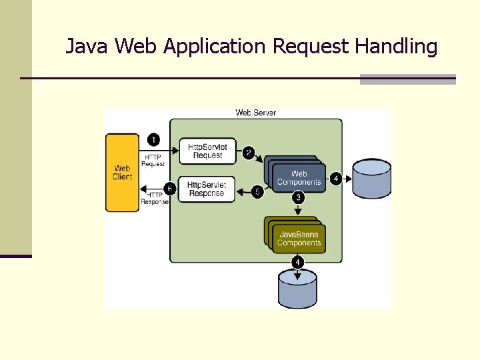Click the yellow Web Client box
point(122,173)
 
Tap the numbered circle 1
point(153,139)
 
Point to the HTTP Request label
point(153,160)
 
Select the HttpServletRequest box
point(207,151)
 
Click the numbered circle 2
point(249,153)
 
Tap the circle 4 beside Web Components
point(336,178)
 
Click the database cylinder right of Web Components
point(371,179)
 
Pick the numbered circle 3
point(298,197)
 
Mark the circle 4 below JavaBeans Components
point(297,262)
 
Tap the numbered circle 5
point(257,191)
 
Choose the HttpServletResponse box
point(207,189)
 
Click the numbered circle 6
point(170,189)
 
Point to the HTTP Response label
point(154,198)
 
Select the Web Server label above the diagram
point(255,113)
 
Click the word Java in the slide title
point(87,47)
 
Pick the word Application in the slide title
point(215,47)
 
